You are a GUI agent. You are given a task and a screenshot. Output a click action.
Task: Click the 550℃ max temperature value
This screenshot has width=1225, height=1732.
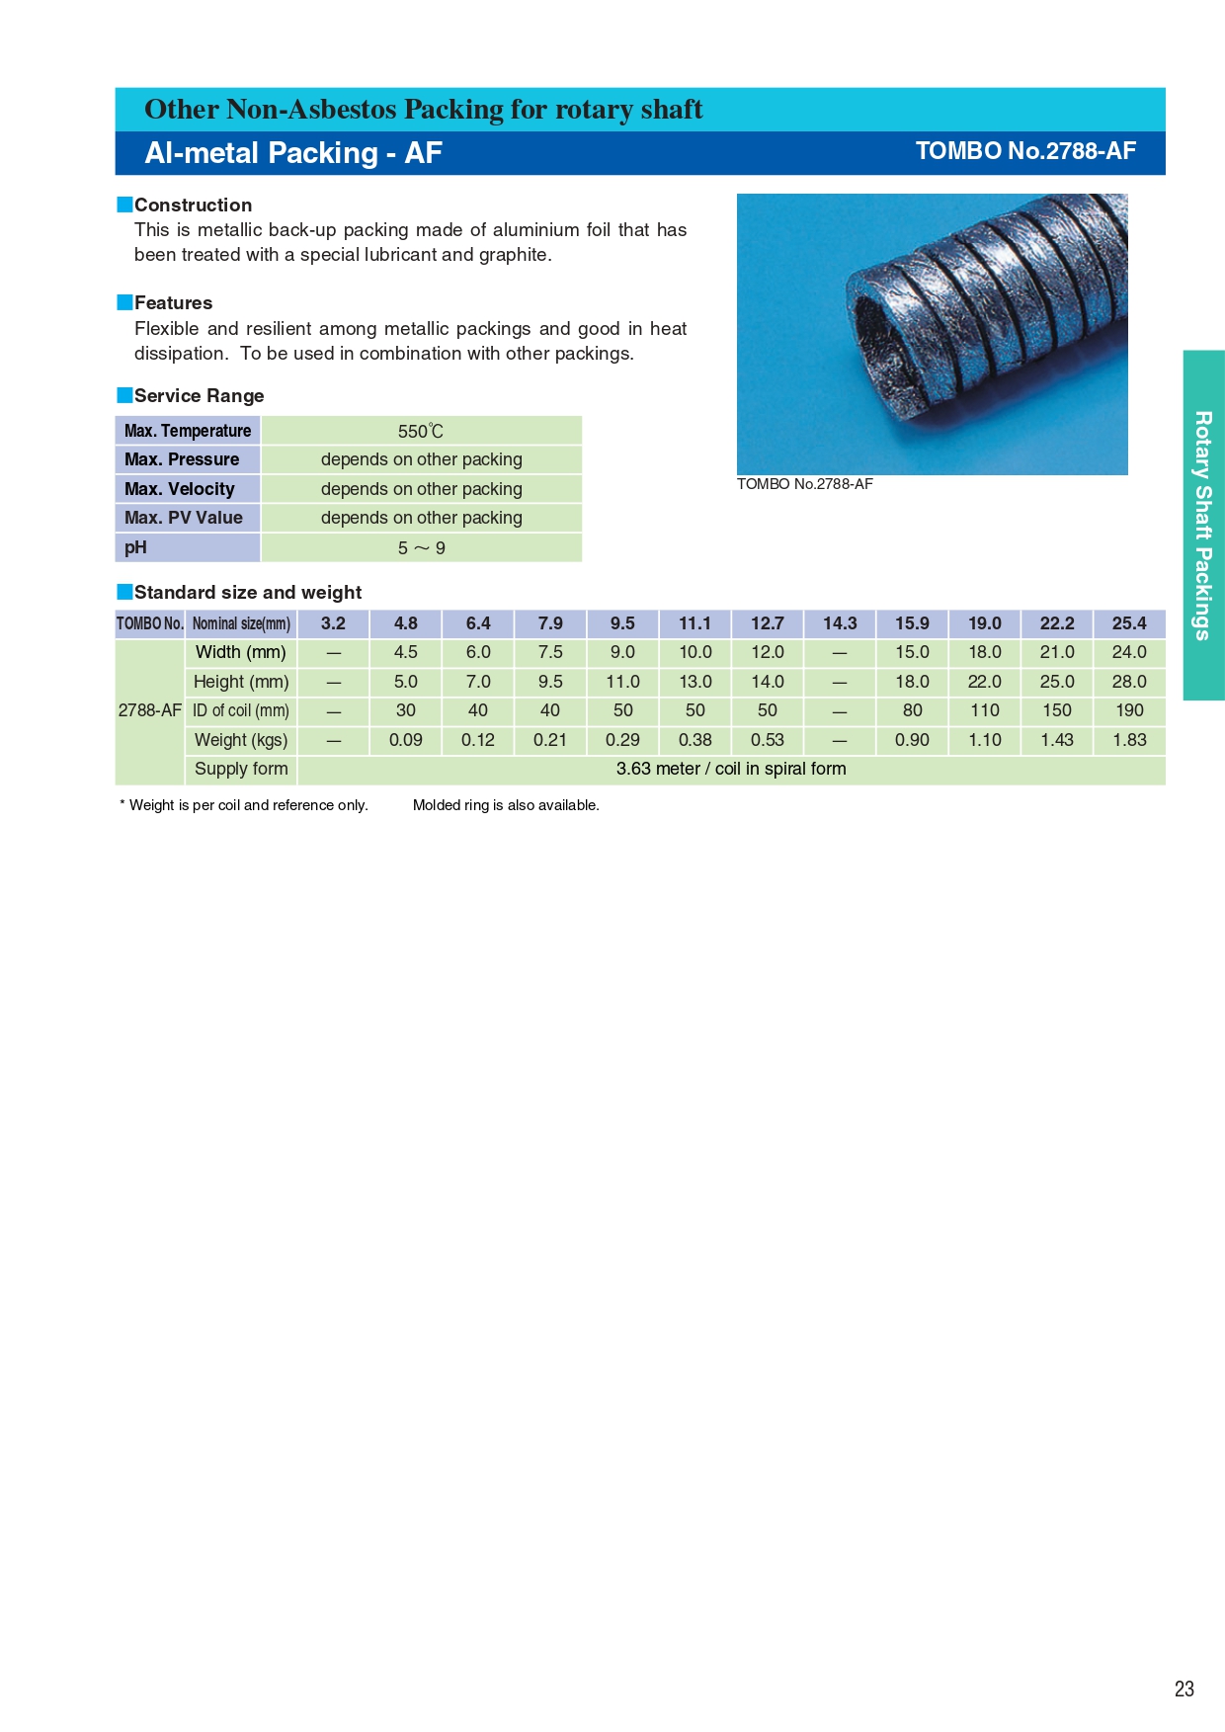click(x=421, y=431)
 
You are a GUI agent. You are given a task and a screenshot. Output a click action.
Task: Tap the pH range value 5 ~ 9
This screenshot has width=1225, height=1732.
click(x=421, y=547)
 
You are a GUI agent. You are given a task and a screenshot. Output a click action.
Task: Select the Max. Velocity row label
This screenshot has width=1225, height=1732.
click(x=180, y=489)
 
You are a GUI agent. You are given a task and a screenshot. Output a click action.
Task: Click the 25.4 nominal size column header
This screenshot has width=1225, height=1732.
click(x=1129, y=623)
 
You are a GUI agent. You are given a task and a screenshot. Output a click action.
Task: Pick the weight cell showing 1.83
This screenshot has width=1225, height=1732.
click(x=1129, y=740)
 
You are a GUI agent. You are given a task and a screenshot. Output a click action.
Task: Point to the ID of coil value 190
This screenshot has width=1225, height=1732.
click(x=1129, y=710)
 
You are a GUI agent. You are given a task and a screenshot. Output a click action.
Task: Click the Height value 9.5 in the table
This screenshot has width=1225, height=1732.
click(x=550, y=682)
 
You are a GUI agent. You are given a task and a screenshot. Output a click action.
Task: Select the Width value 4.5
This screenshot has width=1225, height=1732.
click(x=406, y=652)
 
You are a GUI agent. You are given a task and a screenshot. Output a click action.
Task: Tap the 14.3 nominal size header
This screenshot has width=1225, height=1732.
click(x=840, y=623)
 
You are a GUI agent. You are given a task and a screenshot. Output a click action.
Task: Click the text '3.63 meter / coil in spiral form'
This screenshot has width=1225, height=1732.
click(x=731, y=769)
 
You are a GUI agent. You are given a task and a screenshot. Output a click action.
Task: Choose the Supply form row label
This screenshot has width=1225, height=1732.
click(x=241, y=769)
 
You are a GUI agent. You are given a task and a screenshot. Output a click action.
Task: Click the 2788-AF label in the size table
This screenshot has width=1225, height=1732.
click(x=150, y=710)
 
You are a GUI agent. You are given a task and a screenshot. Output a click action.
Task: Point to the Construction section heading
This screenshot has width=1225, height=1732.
click(x=193, y=206)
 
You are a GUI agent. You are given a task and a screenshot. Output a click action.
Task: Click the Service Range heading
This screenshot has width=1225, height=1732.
click(x=199, y=396)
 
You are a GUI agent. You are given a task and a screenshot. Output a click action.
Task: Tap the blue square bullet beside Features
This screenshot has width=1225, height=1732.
click(x=124, y=302)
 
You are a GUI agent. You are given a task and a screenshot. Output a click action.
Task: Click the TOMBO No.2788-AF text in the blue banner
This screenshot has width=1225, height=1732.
click(x=1025, y=151)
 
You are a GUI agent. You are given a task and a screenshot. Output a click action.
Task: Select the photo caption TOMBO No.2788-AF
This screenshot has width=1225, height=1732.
click(x=805, y=484)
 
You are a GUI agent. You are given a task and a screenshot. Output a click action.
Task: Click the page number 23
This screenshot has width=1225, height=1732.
click(x=1184, y=1689)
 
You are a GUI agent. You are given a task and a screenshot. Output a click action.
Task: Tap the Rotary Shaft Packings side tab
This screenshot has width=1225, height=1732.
click(x=1203, y=526)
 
